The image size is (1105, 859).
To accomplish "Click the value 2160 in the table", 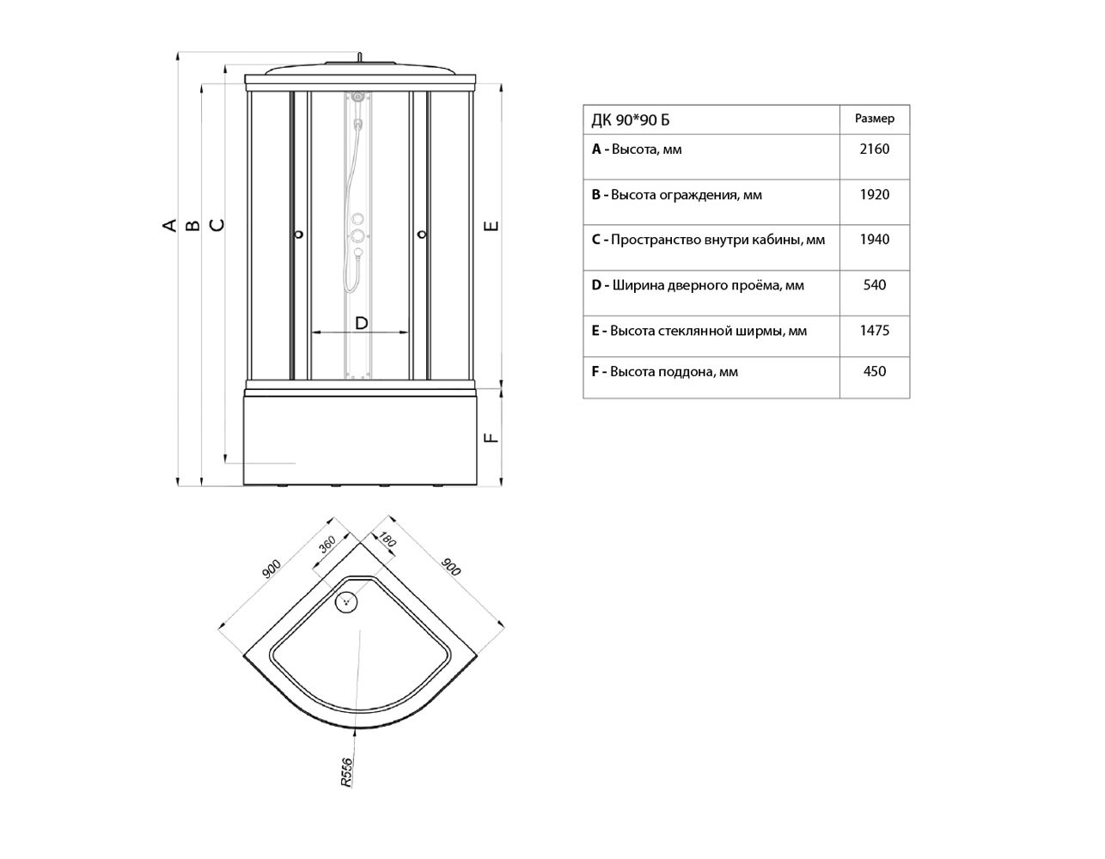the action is tap(874, 149).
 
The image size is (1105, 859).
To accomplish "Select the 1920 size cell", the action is tap(874, 195).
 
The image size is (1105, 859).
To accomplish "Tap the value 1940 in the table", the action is tap(874, 240).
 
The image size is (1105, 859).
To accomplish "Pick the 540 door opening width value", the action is tap(874, 284).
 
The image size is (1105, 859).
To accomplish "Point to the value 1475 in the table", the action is tap(874, 331).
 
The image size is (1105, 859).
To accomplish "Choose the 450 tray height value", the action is tap(874, 371).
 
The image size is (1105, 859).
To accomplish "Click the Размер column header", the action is tap(874, 119).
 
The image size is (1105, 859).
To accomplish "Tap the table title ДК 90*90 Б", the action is tap(630, 120).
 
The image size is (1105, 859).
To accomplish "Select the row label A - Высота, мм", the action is tap(637, 149).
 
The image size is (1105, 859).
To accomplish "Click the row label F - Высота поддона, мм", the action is tap(664, 372).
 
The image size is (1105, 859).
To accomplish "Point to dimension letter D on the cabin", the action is tap(361, 323).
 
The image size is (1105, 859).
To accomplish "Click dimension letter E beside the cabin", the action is tap(491, 226).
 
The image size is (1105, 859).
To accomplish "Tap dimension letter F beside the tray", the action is tap(491, 437).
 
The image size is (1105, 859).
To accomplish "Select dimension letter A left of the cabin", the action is tap(170, 225).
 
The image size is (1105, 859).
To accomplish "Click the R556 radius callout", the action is tap(346, 772).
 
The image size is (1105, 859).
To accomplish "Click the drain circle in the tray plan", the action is tap(346, 602).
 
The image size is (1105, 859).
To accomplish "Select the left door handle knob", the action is tap(299, 235).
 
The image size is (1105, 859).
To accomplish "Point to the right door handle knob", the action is tap(422, 235).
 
